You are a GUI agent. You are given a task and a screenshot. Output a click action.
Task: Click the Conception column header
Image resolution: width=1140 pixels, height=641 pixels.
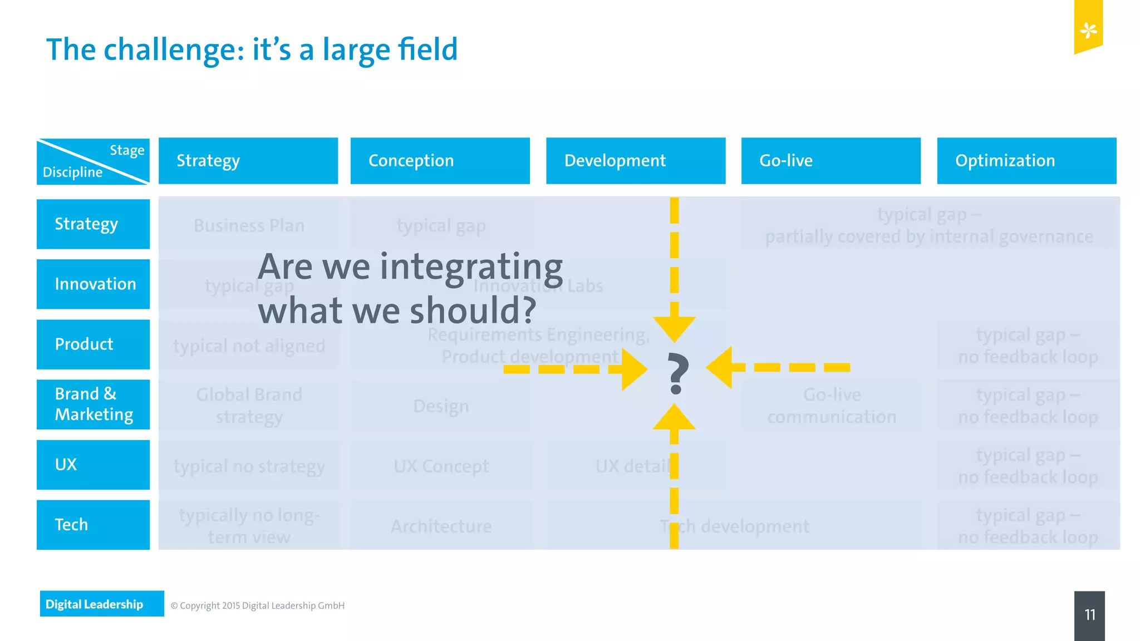click(440, 161)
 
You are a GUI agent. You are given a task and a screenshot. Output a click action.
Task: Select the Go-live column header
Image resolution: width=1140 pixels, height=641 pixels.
click(831, 161)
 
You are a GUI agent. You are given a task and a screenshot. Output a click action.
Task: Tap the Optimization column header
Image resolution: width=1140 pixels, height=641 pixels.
click(1026, 161)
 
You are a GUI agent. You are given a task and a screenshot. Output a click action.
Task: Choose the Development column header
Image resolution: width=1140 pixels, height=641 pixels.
click(636, 161)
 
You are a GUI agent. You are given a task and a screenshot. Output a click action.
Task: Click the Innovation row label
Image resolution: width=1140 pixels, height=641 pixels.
click(93, 284)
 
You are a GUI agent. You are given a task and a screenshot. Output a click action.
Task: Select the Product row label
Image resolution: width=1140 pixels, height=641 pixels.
click(93, 344)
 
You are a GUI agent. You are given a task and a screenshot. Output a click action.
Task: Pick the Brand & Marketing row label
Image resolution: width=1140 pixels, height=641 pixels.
click(93, 405)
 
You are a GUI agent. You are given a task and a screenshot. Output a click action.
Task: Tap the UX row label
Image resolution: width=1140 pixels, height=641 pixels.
click(93, 465)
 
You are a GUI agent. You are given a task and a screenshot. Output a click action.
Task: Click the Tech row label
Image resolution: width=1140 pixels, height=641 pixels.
click(93, 525)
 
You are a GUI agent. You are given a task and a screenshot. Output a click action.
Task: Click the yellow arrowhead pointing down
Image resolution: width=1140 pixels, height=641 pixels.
click(674, 328)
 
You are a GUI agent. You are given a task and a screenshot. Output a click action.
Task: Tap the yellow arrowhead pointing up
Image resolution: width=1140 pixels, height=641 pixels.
click(674, 417)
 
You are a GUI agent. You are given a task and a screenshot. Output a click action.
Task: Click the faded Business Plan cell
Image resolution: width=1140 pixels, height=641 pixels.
click(249, 225)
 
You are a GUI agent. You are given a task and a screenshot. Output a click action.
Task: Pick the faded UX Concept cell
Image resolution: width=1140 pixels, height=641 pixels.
click(441, 466)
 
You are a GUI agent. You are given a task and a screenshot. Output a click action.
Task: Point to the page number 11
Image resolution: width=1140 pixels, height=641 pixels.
click(1089, 614)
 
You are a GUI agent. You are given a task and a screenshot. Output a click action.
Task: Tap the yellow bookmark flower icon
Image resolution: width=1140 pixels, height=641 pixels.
click(1088, 30)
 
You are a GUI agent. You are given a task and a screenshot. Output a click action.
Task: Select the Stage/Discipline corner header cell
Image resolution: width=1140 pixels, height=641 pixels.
click(93, 161)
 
